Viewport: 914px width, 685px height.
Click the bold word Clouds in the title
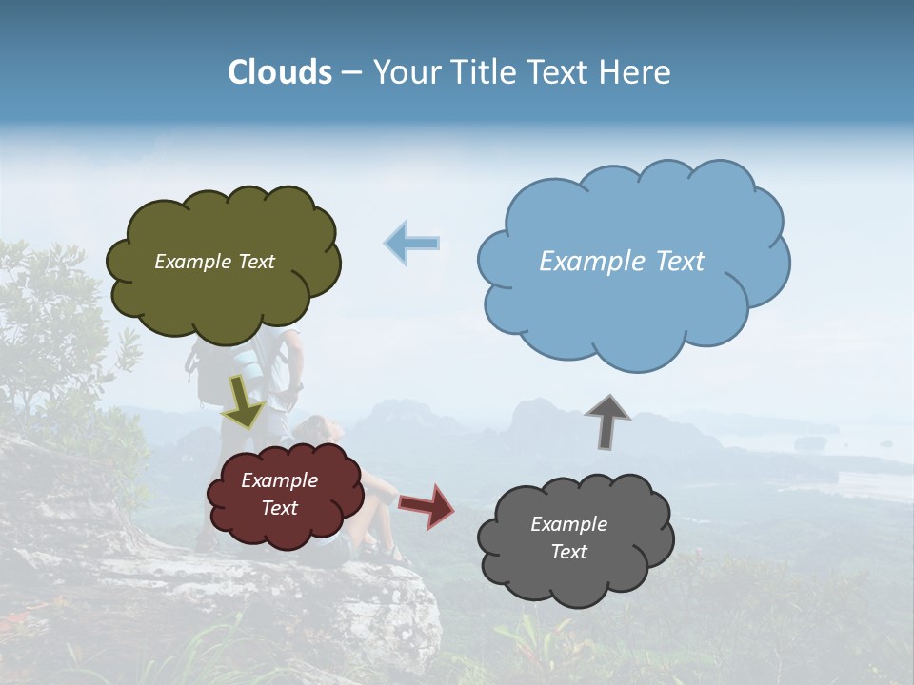pos(280,72)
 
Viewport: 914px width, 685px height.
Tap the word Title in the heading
pos(483,72)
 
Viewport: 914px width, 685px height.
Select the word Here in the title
pos(635,72)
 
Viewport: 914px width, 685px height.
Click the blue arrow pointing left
pos(412,243)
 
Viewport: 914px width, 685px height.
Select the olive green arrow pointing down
pos(243,401)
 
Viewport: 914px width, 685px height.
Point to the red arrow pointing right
pos(427,505)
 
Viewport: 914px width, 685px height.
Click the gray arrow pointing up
pos(607,421)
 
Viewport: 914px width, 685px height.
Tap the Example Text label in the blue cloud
pos(622,261)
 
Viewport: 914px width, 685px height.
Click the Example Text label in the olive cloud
pos(214,261)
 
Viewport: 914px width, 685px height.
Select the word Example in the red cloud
pos(279,480)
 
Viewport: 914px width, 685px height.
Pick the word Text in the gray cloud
pos(568,552)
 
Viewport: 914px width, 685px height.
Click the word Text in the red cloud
pos(279,508)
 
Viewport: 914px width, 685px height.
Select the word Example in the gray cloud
pos(568,524)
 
